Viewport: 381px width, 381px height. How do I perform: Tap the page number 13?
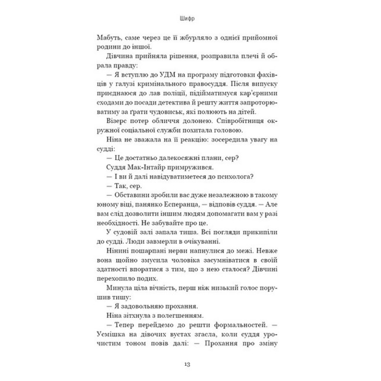[190, 364]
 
